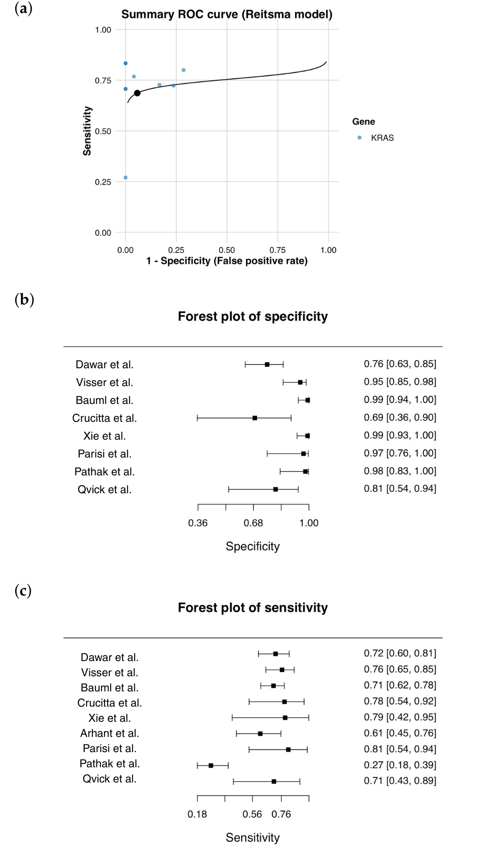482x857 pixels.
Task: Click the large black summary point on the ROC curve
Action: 137,93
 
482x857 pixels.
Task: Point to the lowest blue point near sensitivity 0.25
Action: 125,178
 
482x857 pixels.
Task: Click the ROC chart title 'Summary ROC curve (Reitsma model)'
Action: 227,14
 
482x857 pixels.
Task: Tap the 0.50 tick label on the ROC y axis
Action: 103,131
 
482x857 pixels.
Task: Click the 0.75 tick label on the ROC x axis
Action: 277,250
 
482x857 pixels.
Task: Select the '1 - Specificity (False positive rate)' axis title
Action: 227,261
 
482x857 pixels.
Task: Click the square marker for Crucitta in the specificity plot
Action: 255,418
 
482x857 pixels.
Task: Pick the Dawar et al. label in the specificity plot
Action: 104,365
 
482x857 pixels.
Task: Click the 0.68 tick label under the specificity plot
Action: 253,523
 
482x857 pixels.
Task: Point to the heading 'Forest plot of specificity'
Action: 253,316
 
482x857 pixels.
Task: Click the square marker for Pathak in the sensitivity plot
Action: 211,765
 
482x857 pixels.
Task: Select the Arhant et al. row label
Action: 109,733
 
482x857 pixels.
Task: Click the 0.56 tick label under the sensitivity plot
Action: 252,814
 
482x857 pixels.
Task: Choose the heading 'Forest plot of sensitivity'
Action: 253,607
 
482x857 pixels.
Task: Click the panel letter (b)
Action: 24,300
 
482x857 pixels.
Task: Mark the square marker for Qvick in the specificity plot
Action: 275,490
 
